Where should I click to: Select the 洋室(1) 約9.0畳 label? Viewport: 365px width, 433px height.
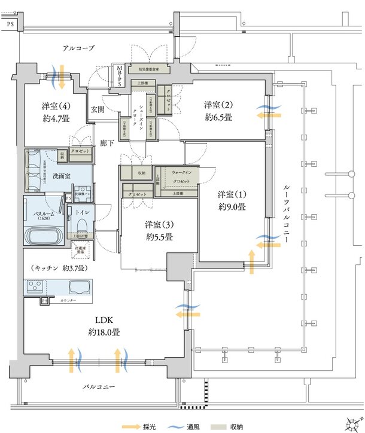[232, 200]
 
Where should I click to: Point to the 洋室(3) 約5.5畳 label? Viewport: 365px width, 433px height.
[159, 231]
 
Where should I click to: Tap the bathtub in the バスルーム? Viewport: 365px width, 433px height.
[44, 234]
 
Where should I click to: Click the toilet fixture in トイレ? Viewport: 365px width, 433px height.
[83, 224]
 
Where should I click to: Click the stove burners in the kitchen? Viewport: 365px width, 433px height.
[36, 286]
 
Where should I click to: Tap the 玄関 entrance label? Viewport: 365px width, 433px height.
[98, 109]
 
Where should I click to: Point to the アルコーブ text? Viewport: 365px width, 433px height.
[78, 47]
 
